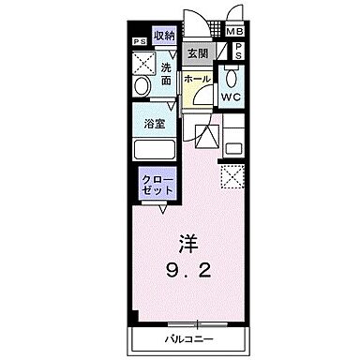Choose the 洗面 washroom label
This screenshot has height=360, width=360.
(x=166, y=74)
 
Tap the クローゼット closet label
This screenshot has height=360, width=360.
(x=155, y=184)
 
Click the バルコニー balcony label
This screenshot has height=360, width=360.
(x=188, y=337)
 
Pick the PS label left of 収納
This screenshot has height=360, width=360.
(x=138, y=41)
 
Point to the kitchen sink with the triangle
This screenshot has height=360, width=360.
(x=207, y=135)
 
